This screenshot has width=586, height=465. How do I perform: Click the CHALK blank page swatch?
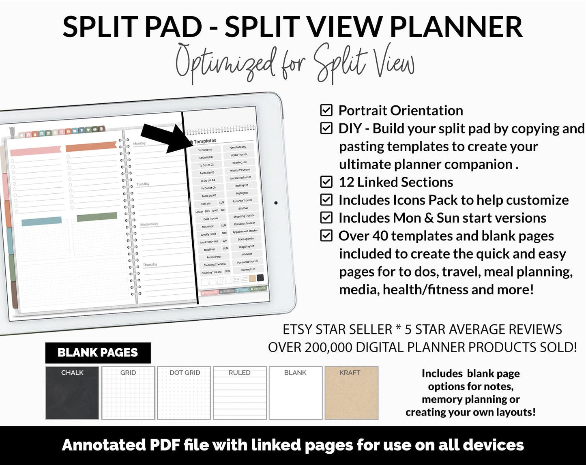pyautogui.click(x=72, y=392)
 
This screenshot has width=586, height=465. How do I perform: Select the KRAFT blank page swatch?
pyautogui.click(x=351, y=392)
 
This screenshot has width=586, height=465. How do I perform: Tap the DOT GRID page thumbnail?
pyautogui.click(x=184, y=392)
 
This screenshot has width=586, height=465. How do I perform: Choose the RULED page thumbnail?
pyautogui.click(x=240, y=392)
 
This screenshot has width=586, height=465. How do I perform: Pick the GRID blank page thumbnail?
pyautogui.click(x=128, y=392)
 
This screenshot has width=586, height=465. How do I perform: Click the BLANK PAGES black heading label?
pyautogui.click(x=98, y=353)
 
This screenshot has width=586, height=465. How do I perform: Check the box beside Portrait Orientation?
pyautogui.click(x=326, y=110)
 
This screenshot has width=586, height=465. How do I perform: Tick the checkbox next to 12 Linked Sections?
pyautogui.click(x=326, y=182)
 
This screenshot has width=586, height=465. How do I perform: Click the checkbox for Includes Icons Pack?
pyautogui.click(x=326, y=200)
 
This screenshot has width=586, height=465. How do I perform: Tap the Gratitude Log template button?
pyautogui.click(x=238, y=147)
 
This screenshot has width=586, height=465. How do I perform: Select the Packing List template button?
pyautogui.click(x=241, y=185)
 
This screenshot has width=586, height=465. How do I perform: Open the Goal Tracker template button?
pyautogui.click(x=211, y=219)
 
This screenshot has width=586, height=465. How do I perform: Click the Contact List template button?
pyautogui.click(x=248, y=269)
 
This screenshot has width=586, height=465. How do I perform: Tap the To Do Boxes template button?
pyautogui.click(x=205, y=150)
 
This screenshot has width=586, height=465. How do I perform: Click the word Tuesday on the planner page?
pyautogui.click(x=143, y=184)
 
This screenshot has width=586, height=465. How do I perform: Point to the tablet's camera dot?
pyautogui.click(x=276, y=203)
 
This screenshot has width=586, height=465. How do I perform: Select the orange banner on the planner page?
pyautogui.click(x=91, y=146)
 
